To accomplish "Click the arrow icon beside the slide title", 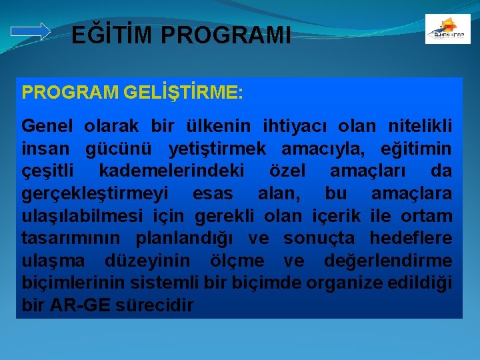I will point(31,31).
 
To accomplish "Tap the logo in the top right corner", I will point(447,29).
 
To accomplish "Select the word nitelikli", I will point(420,126).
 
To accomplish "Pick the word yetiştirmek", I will point(217,149).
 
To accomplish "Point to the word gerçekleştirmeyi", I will point(95,194).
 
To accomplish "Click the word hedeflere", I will point(411,239).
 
